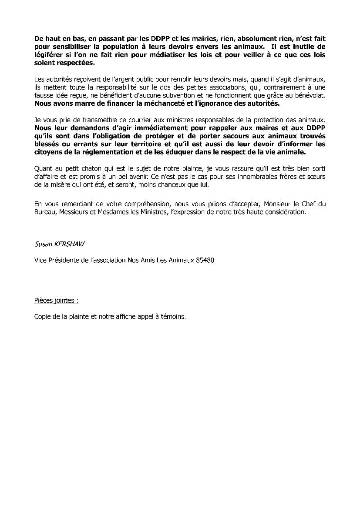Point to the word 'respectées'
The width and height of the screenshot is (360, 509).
[x=75, y=63]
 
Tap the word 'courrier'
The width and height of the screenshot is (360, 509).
[x=138, y=120]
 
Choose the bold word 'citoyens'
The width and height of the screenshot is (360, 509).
[x=49, y=153]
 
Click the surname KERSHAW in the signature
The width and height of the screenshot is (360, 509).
[x=69, y=244]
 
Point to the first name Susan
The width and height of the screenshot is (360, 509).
[x=43, y=244]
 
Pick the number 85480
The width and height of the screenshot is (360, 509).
[x=204, y=260]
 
